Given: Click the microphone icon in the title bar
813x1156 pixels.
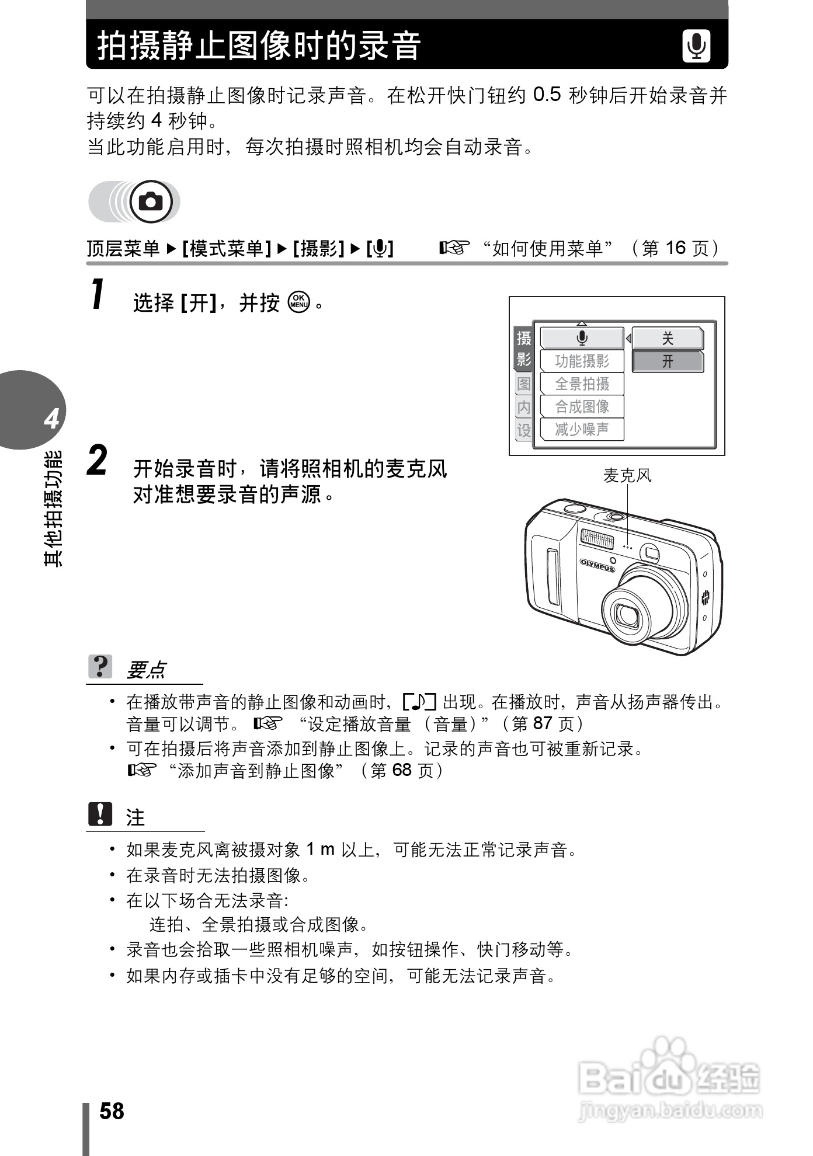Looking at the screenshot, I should click(x=696, y=46).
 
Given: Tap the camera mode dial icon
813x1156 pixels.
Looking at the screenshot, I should click(x=151, y=202).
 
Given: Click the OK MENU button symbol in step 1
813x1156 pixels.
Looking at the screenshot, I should click(x=298, y=302).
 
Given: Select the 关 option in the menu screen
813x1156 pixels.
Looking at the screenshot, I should click(x=668, y=338).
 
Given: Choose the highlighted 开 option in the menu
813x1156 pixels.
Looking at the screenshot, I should click(x=668, y=361).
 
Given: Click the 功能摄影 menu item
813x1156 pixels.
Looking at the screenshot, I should click(x=582, y=361).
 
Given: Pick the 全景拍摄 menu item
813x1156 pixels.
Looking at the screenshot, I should click(x=582, y=384).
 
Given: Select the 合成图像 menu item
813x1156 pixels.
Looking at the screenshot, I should click(x=582, y=407).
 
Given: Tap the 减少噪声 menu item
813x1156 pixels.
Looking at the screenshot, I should click(x=582, y=430).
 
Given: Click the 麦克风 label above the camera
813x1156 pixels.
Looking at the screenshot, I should click(x=627, y=476).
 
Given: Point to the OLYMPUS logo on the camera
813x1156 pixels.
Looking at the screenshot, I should click(x=597, y=565).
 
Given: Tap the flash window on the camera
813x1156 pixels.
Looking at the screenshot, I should click(x=597, y=538).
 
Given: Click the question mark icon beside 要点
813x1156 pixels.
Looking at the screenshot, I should click(x=100, y=666).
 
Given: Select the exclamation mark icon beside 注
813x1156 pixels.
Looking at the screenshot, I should click(x=100, y=814).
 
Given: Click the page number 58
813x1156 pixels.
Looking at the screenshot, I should click(x=112, y=1111).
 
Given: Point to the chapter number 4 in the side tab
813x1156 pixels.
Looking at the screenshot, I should click(x=51, y=419).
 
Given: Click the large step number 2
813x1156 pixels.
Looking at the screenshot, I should click(x=98, y=461).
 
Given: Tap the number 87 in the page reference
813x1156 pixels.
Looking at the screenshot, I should click(x=542, y=723).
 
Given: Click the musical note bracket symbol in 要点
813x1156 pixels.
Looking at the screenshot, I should click(x=419, y=701).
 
